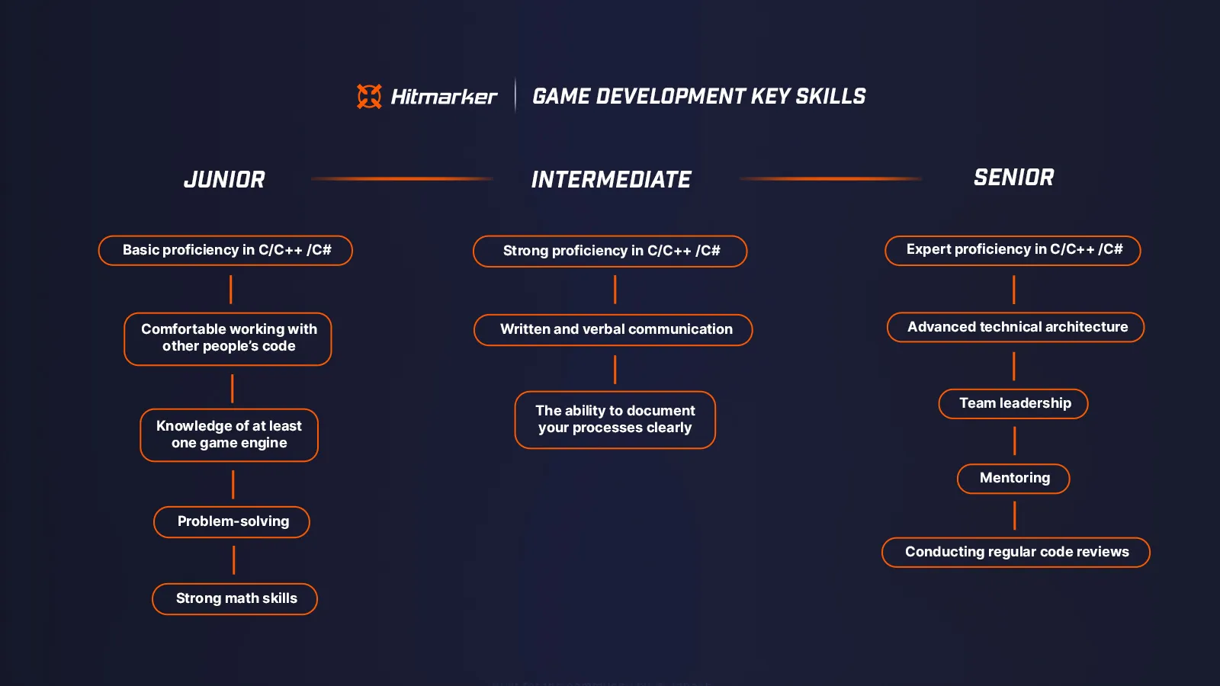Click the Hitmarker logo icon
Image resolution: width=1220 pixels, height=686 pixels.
369,96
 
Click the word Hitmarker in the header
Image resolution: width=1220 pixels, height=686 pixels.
444,97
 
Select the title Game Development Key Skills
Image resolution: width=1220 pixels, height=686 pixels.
698,97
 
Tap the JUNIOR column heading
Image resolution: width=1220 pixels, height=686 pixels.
224,180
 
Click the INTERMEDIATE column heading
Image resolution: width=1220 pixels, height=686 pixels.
611,180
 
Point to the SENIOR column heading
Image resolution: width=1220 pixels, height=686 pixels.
1013,178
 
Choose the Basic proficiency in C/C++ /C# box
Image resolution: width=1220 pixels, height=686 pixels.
226,250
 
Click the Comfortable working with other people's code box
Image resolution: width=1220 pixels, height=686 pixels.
228,338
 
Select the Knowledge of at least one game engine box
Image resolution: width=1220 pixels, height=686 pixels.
229,434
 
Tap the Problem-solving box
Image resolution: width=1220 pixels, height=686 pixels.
232,521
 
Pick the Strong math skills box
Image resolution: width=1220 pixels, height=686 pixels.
235,598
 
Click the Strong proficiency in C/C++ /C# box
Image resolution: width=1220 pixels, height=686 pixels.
610,251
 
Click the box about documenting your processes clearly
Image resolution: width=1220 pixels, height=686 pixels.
615,419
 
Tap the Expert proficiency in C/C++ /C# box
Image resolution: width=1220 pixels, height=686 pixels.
1013,250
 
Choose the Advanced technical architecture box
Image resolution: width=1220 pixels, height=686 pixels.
1016,327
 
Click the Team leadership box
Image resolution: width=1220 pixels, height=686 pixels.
1013,403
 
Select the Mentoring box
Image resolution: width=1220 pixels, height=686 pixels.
1013,478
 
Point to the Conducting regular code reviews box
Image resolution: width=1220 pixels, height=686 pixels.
1016,552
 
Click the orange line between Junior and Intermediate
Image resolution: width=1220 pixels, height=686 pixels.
402,178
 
